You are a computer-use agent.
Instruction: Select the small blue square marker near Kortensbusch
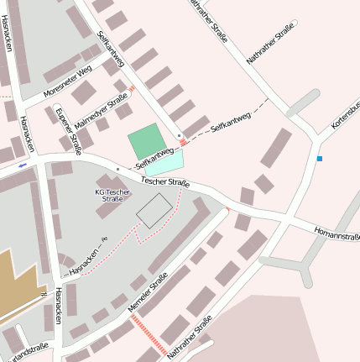319,158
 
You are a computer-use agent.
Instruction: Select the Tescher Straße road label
165,181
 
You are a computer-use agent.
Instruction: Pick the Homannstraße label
337,232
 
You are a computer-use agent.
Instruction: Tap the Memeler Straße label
148,295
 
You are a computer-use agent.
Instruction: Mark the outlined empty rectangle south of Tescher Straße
154,210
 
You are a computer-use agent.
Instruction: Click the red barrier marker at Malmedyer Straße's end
131,87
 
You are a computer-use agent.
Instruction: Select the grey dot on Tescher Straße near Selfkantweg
117,170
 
